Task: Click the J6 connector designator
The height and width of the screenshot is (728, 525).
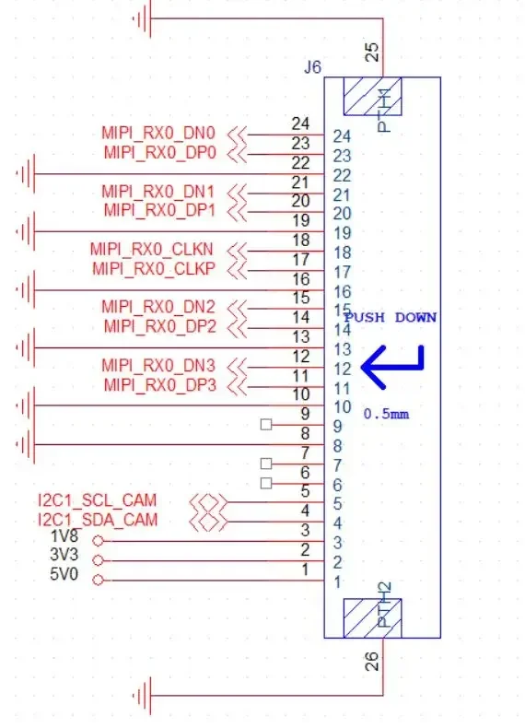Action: pos(312,67)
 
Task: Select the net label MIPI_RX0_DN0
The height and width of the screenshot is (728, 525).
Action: pos(158,134)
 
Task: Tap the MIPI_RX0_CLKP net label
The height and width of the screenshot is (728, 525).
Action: pos(154,269)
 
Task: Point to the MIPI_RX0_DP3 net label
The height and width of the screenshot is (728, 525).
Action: pos(159,385)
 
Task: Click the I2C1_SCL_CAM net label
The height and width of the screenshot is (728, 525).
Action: pos(98,500)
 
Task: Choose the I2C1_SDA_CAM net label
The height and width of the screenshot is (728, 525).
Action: pos(98,520)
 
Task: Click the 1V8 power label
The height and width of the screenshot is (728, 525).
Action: pos(64,536)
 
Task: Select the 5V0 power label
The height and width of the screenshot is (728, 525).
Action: pos(64,575)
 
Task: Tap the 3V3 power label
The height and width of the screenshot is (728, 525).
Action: pos(64,555)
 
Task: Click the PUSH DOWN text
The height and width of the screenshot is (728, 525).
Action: pos(391,318)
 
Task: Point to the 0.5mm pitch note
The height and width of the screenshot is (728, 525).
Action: pos(386,414)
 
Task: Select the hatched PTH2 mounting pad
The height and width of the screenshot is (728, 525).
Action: pos(372,618)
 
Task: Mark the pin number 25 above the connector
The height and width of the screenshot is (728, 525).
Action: pos(373,53)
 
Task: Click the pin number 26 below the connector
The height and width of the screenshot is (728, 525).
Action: pos(372,661)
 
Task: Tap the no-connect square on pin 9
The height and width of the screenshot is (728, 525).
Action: pos(266,425)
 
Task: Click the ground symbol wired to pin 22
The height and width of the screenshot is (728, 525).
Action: pos(26,174)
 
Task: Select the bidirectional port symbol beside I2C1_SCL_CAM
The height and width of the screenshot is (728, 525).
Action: pos(208,502)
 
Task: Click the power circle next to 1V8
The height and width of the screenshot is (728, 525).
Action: pos(98,541)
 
